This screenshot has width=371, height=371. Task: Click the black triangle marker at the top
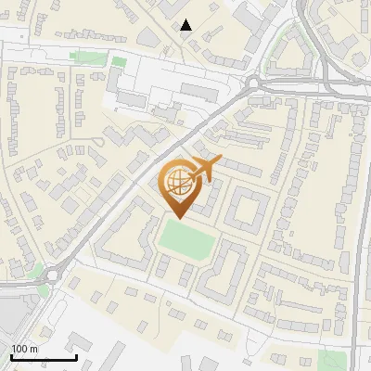click(186, 25)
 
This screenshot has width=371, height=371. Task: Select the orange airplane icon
click(205, 169)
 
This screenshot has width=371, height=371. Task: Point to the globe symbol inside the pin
click(176, 181)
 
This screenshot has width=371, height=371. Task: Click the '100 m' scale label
click(25, 348)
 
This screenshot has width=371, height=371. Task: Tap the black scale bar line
click(43, 357)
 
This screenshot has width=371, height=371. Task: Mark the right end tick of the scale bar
click(76, 355)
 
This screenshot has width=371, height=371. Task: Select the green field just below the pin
click(186, 239)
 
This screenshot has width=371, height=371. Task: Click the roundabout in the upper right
click(252, 83)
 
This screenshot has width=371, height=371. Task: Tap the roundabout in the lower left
click(52, 274)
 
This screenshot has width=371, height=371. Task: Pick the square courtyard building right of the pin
click(246, 209)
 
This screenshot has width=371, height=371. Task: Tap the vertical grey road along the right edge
click(354, 232)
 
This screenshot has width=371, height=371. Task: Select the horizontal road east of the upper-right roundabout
click(315, 89)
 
